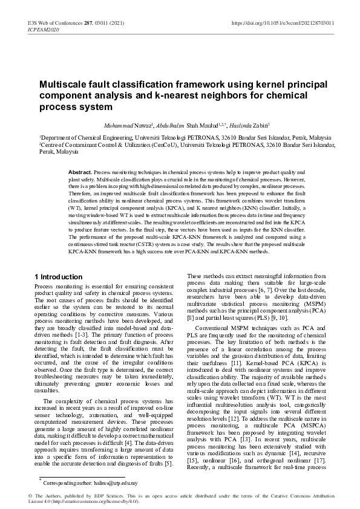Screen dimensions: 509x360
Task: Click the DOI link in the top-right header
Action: tap(283, 23)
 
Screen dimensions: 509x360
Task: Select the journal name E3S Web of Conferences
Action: tap(53, 23)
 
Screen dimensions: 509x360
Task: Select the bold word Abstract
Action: tap(80, 172)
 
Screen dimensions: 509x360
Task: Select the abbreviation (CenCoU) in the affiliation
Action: tap(185, 146)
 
